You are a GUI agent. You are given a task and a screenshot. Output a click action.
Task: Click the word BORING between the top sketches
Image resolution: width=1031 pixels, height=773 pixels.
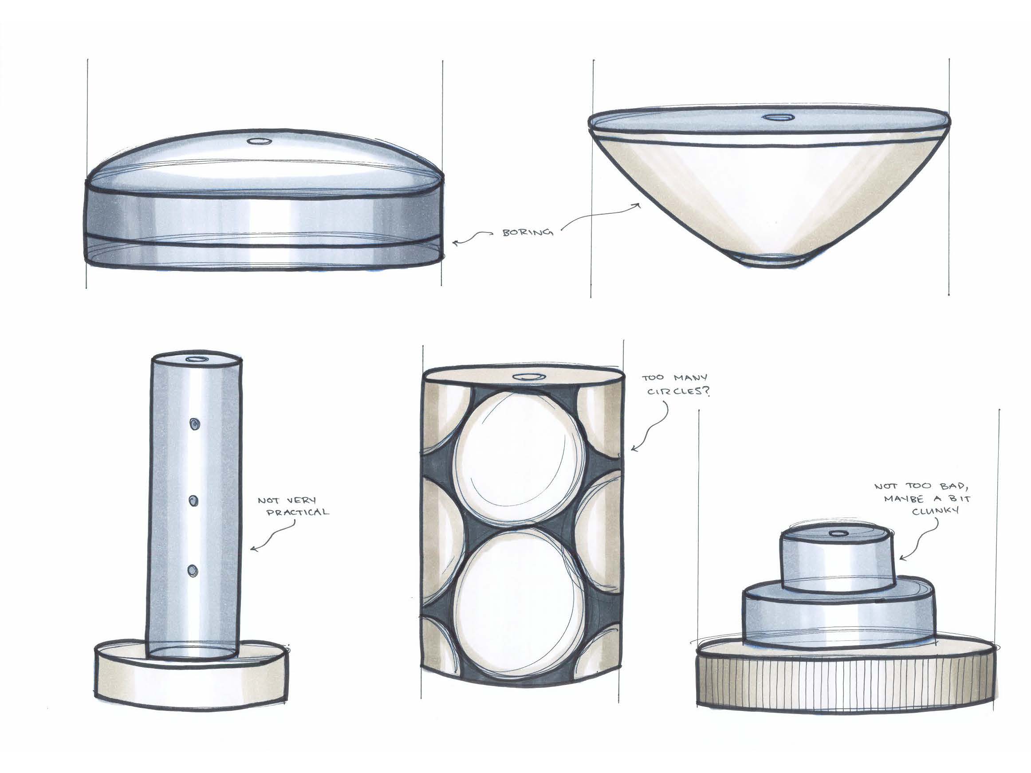click(x=528, y=232)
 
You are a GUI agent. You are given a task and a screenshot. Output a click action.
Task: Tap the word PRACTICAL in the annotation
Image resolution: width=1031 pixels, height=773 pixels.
click(x=297, y=512)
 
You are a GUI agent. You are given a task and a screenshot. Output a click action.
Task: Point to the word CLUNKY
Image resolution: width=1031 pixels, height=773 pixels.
click(x=929, y=510)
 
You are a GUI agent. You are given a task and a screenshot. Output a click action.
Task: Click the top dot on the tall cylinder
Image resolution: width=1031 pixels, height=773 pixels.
click(x=193, y=424)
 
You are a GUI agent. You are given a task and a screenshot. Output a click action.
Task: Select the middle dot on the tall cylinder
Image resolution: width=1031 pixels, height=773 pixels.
click(x=193, y=501)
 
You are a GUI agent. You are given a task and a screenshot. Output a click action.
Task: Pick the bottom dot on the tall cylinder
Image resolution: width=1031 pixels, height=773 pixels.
click(x=193, y=570)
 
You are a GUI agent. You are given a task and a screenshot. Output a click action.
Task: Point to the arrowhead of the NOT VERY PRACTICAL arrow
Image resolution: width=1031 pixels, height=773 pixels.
click(x=255, y=549)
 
